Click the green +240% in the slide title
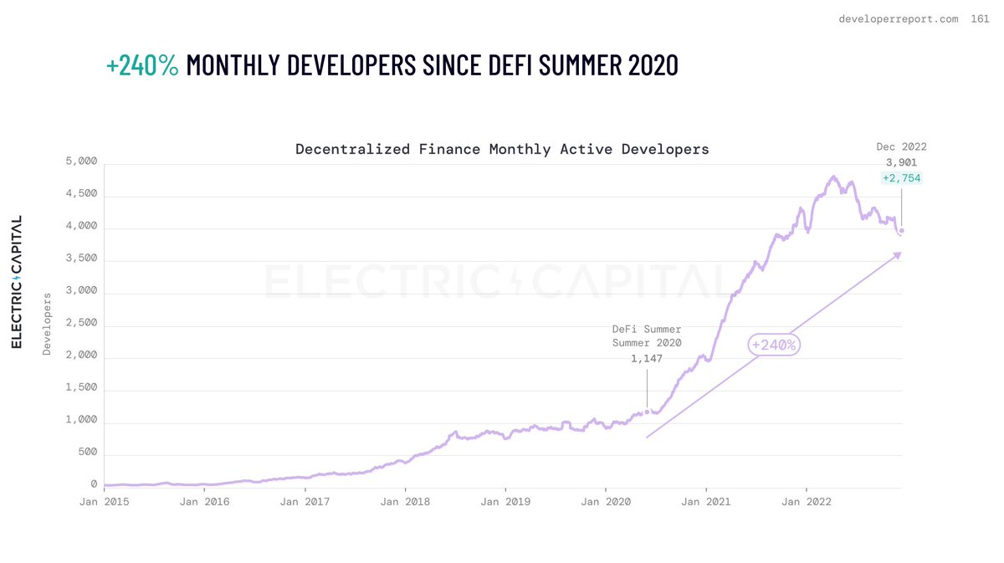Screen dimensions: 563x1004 (x=142, y=64)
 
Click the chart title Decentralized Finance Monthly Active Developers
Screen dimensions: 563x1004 (x=502, y=149)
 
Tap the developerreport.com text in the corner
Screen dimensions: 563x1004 (x=899, y=18)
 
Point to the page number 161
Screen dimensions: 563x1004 (x=979, y=18)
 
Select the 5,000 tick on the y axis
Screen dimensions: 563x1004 (x=82, y=161)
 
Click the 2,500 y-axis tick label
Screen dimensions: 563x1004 (x=82, y=323)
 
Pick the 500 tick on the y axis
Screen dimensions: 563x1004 (x=88, y=453)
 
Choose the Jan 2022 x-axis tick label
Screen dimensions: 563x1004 (x=807, y=502)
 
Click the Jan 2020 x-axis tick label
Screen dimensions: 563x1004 (x=606, y=502)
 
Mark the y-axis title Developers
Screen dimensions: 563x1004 (x=48, y=324)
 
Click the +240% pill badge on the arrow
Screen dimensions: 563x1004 (x=774, y=345)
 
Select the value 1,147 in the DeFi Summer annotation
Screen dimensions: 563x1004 (x=647, y=359)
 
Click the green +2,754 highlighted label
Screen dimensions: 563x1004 (x=901, y=178)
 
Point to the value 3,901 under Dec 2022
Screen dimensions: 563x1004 (x=901, y=162)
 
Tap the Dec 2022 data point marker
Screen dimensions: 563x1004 (x=901, y=231)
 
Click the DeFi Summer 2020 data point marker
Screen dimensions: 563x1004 (x=647, y=412)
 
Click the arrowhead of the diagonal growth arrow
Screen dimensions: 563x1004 (x=899, y=254)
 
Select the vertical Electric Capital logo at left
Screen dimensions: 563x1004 (x=17, y=282)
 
